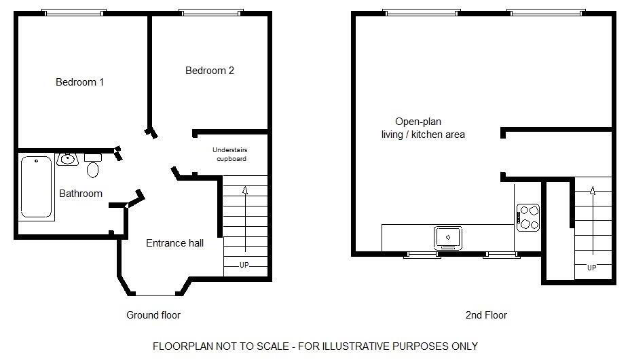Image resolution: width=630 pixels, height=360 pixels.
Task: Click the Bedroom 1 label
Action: coord(79,82)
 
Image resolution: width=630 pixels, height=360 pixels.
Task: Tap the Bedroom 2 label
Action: coord(209,71)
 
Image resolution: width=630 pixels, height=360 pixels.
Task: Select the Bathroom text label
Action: coord(81,194)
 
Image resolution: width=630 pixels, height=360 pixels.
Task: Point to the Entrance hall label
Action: coord(174,243)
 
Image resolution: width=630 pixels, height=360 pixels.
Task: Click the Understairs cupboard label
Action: coord(230,154)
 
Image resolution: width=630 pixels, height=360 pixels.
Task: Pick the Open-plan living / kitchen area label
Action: coord(423,128)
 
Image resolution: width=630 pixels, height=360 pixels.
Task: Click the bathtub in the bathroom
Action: coord(36,187)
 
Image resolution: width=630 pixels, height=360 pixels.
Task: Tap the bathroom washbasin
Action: coord(67,159)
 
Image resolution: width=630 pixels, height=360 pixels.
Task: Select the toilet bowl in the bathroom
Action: coord(93,169)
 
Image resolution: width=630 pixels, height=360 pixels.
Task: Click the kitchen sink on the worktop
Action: coord(448,238)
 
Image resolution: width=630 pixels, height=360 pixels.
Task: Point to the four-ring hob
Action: coord(528,218)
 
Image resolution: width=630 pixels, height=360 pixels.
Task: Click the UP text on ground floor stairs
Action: coord(244,265)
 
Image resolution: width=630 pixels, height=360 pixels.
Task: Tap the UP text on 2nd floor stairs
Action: coord(592,268)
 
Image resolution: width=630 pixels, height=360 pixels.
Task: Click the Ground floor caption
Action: coord(153,315)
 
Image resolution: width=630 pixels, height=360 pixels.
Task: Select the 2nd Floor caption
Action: coord(486,315)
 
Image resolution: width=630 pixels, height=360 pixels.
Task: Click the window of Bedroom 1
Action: coord(74,12)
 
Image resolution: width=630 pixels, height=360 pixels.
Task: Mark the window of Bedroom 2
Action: coord(211,12)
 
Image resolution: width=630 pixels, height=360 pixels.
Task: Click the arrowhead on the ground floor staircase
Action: coord(245,190)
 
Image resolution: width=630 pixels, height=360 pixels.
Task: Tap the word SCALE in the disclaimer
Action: coord(273,346)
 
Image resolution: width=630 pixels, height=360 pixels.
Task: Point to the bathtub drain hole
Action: coord(36,161)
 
